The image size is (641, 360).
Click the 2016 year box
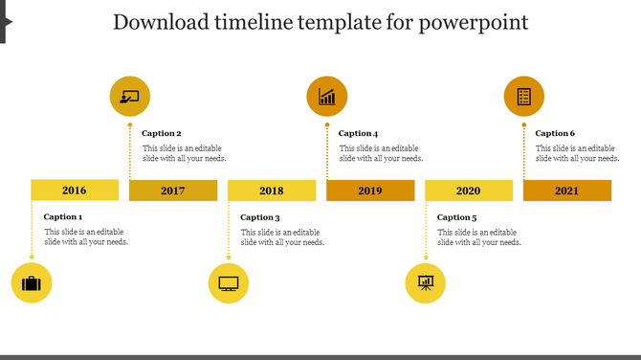(75, 190)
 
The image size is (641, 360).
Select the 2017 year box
(173, 191)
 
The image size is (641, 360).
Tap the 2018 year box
(272, 191)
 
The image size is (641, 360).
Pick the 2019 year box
(370, 191)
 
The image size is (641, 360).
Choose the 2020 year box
(469, 191)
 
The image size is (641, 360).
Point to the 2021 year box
(567, 191)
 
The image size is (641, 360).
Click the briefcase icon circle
(32, 283)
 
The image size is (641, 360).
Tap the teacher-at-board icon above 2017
(130, 96)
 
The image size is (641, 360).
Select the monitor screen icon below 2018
(229, 283)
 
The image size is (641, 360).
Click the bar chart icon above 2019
(327, 96)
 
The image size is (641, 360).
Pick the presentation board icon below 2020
(426, 283)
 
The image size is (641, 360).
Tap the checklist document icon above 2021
(524, 96)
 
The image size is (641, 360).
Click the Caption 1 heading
(63, 217)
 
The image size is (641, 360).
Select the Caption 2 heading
(162, 133)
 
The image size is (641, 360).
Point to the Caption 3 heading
(260, 217)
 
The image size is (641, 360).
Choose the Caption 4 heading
(359, 133)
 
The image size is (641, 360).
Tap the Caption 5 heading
(457, 217)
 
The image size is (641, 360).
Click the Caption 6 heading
(556, 133)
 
